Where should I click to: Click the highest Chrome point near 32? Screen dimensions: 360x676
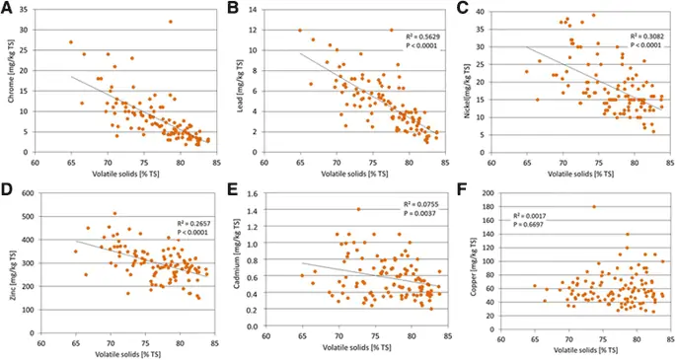coord(170,22)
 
